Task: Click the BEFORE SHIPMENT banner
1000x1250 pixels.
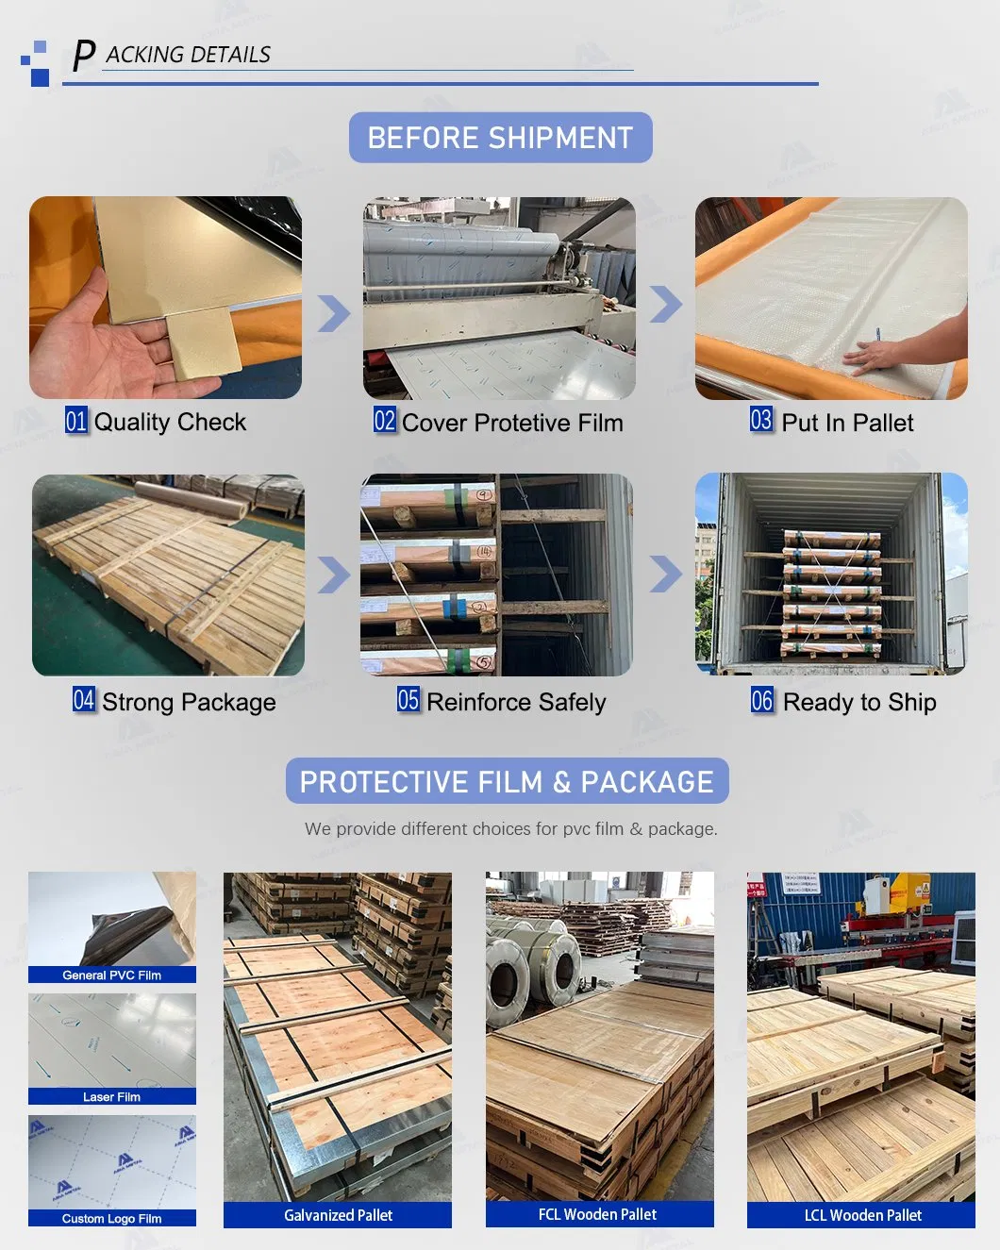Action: (x=500, y=138)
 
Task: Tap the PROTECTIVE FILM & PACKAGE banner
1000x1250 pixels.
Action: (x=507, y=782)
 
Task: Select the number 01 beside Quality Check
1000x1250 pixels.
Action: (x=75, y=421)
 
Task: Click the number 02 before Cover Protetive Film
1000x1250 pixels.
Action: (x=384, y=421)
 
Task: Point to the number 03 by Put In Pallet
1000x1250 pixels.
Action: (x=760, y=420)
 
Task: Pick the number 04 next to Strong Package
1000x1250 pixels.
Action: (x=84, y=700)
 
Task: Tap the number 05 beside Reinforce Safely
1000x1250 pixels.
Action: (x=408, y=700)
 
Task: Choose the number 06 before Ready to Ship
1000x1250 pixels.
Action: (x=761, y=700)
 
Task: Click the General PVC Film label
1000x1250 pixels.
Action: (x=111, y=975)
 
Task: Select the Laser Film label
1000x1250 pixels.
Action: (x=111, y=1097)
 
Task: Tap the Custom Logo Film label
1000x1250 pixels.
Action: (x=111, y=1219)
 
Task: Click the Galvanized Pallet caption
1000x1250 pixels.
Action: (x=338, y=1215)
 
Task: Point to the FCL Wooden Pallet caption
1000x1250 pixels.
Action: (x=598, y=1214)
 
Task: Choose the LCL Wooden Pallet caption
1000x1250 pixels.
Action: (x=862, y=1215)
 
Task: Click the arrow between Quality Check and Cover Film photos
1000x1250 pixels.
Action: (x=333, y=313)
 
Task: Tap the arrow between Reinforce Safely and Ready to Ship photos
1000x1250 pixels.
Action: (x=666, y=574)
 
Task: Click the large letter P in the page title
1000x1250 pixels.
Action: (x=84, y=56)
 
